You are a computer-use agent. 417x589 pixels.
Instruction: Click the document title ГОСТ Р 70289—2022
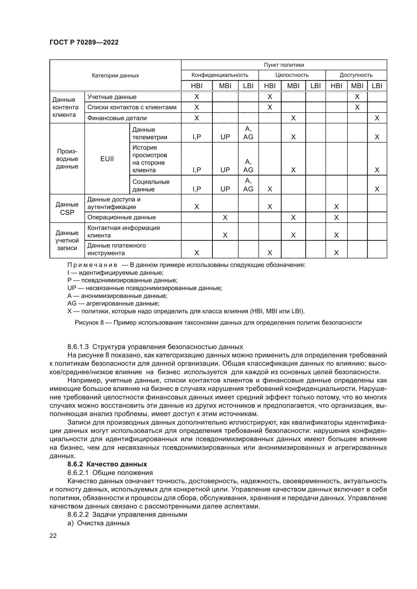click(x=84, y=42)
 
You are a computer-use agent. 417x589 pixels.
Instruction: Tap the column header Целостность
click(x=292, y=75)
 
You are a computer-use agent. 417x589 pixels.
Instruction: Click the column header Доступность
click(x=356, y=75)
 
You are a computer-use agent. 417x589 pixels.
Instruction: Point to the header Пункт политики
click(x=284, y=65)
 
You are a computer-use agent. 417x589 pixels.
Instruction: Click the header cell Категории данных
click(x=115, y=76)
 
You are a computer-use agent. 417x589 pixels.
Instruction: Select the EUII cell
click(x=107, y=159)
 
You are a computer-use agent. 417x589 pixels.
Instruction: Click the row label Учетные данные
click(x=112, y=97)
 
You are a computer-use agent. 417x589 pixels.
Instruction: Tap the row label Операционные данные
click(x=122, y=217)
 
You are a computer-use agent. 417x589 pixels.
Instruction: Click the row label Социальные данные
click(x=151, y=186)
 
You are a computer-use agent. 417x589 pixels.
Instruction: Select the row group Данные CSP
click(x=67, y=209)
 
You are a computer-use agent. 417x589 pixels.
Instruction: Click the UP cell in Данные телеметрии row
click(x=225, y=137)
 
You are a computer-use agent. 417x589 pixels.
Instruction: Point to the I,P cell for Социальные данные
click(x=196, y=189)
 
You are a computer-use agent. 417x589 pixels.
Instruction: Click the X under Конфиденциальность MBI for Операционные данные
click(x=225, y=218)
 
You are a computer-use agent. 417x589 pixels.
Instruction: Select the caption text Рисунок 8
click(x=89, y=323)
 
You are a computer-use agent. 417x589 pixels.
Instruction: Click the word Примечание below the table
click(x=92, y=265)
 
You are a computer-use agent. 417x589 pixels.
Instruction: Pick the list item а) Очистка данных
click(x=99, y=523)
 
